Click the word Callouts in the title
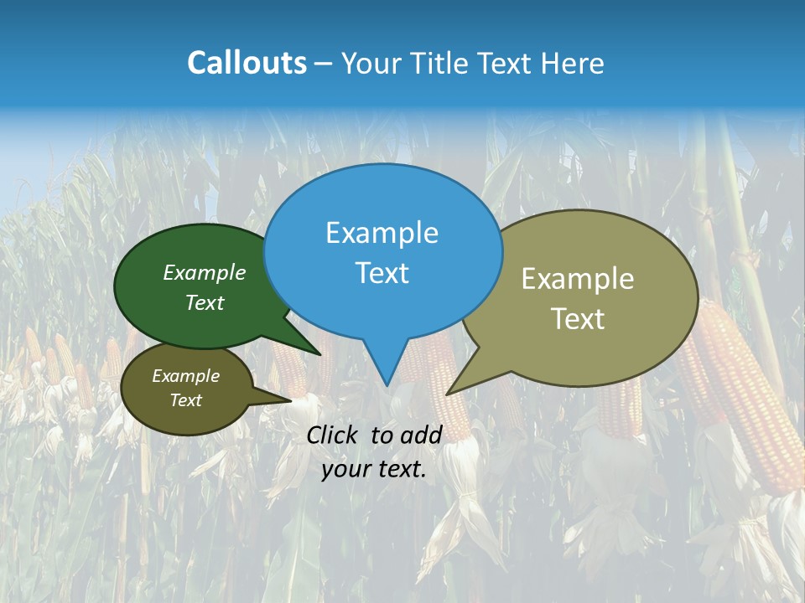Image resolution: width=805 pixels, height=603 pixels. point(247,63)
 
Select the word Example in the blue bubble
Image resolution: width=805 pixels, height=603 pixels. point(382,233)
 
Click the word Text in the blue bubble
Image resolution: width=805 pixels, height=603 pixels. point(382,273)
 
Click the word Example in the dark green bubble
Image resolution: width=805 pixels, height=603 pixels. point(205,272)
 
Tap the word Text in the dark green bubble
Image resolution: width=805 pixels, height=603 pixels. point(205,302)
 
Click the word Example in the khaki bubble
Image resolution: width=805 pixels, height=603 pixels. point(578,279)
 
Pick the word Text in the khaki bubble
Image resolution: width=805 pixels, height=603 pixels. point(578,319)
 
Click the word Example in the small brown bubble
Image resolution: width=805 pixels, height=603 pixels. point(185,376)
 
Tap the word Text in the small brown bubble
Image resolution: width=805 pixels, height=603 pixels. point(185,400)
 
